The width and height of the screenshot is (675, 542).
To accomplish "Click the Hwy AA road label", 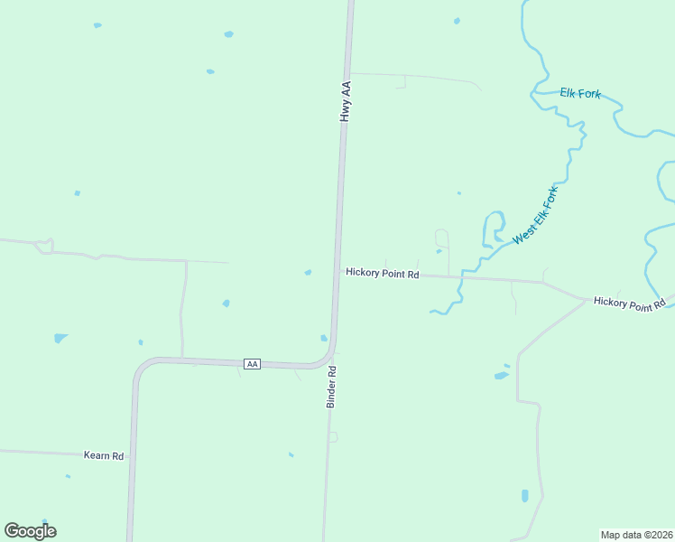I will [345, 101].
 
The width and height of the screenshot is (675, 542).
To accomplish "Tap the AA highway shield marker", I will [253, 363].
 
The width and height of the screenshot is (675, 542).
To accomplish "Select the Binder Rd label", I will [331, 387].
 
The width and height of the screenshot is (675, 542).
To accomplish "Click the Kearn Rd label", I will [103, 456].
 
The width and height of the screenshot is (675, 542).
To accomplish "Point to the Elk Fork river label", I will [579, 93].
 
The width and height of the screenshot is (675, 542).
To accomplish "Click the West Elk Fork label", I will [536, 215].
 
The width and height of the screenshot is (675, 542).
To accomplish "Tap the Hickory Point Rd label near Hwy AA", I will [382, 274].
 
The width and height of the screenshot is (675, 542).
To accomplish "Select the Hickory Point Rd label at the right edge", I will [629, 304].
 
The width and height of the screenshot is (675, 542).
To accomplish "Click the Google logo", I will [30, 531].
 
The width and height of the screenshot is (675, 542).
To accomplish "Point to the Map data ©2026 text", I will [636, 534].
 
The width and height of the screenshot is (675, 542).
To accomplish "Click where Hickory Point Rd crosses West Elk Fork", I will [461, 276].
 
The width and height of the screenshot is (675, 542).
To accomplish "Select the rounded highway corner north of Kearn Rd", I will [142, 368].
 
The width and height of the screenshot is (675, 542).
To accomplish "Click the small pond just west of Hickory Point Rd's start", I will [308, 272].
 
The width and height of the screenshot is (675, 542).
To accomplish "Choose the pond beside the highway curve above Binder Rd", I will [324, 339].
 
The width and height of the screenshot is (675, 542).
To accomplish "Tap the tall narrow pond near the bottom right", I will [524, 495].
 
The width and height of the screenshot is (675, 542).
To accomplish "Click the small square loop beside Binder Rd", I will [332, 437].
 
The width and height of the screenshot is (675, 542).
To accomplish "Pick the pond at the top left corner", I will [97, 25].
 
